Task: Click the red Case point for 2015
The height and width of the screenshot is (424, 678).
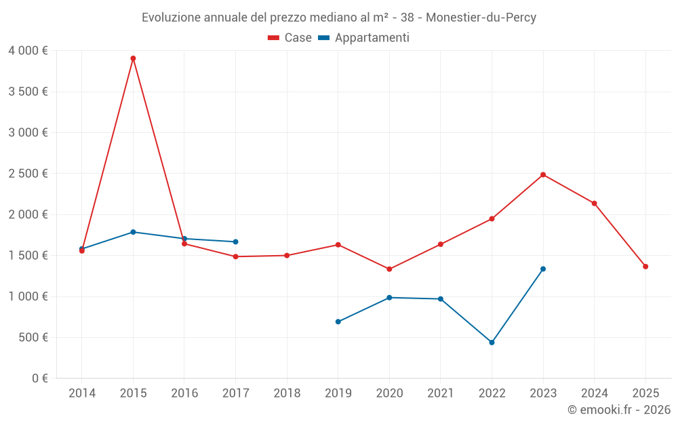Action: (x=133, y=58)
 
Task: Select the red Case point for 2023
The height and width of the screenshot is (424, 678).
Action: (x=543, y=175)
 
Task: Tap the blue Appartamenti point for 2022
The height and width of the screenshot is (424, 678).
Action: (x=492, y=343)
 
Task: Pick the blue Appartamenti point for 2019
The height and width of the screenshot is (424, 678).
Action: (x=338, y=322)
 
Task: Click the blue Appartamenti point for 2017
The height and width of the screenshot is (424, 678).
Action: (x=235, y=242)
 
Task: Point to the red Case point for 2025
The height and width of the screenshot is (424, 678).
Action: (x=645, y=267)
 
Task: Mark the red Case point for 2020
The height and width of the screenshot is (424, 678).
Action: (x=389, y=269)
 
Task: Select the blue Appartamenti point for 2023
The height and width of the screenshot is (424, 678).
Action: (x=543, y=269)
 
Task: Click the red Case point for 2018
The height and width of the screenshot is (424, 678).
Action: (x=287, y=256)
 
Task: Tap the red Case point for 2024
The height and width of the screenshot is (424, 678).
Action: (x=595, y=204)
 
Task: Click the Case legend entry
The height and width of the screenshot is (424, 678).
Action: (x=290, y=38)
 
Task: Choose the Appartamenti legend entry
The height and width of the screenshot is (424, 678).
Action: (x=364, y=38)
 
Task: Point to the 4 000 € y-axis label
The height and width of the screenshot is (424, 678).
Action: (x=28, y=51)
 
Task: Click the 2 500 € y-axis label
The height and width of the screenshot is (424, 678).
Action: (x=28, y=174)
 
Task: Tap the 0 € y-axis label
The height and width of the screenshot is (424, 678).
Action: (x=39, y=379)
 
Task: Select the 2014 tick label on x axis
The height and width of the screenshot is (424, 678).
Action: (x=82, y=393)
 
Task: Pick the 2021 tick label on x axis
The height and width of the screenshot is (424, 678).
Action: (x=441, y=393)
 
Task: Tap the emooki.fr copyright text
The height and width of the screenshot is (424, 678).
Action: (x=618, y=410)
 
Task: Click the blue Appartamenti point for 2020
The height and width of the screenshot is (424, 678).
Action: (x=389, y=298)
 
